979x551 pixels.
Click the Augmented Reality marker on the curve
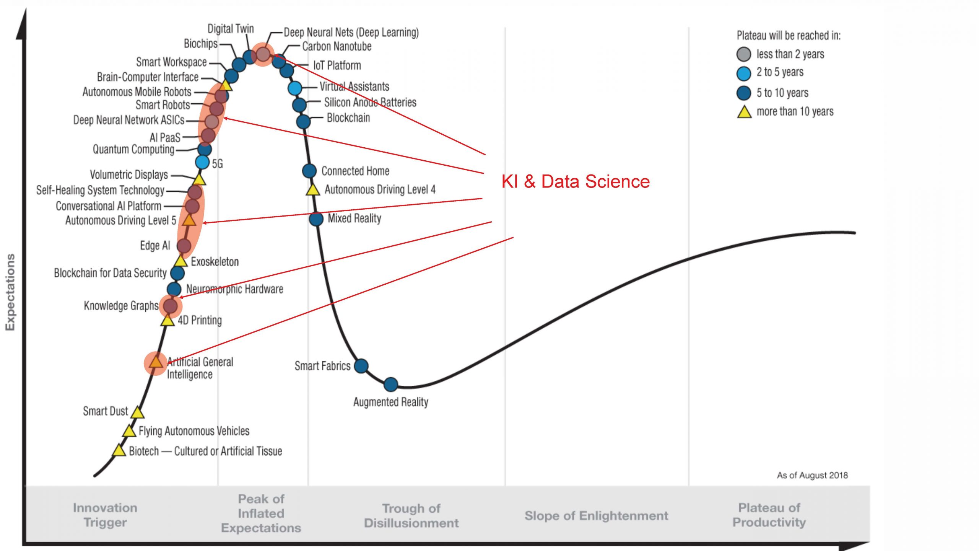click(390, 384)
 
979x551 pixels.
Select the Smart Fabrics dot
click(361, 366)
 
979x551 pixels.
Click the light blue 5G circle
click(202, 162)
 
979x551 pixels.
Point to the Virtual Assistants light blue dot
click(294, 88)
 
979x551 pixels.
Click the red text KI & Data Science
click(575, 181)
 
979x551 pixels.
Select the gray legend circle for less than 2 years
click(743, 54)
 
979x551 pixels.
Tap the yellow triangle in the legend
click(744, 112)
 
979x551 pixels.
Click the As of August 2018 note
click(812, 475)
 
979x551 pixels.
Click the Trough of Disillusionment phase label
click(411, 515)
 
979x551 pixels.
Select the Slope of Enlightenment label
click(596, 516)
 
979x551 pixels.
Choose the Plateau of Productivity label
click(769, 515)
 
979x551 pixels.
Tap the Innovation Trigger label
click(105, 515)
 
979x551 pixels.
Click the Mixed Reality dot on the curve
click(316, 219)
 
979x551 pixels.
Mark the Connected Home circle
click(309, 171)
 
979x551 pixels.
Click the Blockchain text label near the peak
click(348, 118)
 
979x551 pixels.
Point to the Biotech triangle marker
click(119, 451)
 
